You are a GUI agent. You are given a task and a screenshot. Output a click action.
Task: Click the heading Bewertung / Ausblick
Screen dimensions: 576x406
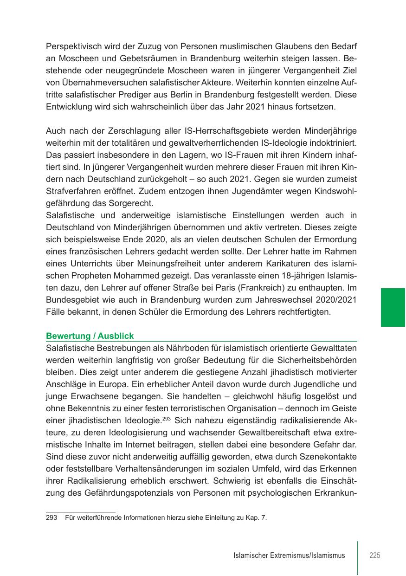pos(90,336)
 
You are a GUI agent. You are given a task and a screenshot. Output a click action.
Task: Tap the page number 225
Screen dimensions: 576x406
pos(375,555)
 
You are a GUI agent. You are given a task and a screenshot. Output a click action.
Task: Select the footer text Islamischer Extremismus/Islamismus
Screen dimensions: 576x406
pos(290,556)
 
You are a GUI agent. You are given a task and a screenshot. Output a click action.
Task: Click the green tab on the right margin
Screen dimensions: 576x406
pos(393,307)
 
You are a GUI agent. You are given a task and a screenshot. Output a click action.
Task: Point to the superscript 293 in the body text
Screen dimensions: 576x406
pos(167,418)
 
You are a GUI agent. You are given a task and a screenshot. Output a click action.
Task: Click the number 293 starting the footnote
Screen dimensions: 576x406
pos(51,518)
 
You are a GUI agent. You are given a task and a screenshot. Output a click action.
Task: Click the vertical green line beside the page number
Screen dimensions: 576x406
pos(358,557)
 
